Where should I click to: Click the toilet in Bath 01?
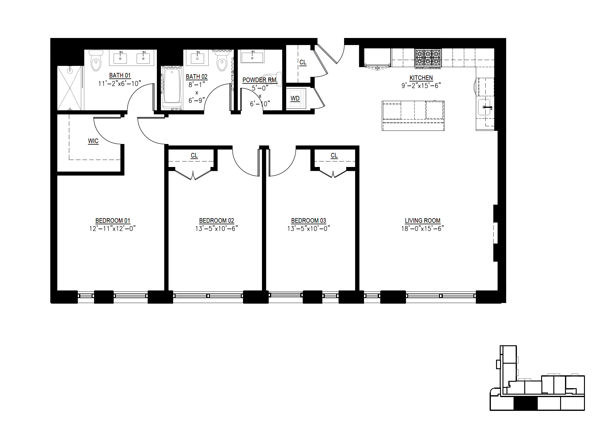[96, 61]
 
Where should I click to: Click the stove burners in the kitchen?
[428, 58]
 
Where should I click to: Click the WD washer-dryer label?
[295, 98]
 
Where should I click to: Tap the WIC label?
[93, 141]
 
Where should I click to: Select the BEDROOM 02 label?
[217, 221]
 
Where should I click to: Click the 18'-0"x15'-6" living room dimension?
[423, 229]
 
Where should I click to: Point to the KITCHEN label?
[421, 78]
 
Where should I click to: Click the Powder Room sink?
[252, 57]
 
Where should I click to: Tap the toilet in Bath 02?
[222, 61]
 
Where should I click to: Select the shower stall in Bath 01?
[70, 88]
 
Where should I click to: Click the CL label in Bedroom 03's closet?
[334, 156]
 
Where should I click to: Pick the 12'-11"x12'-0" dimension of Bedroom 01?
[112, 229]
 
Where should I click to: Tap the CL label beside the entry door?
[303, 62]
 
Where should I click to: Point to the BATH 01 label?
[120, 75]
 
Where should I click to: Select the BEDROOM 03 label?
[309, 221]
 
